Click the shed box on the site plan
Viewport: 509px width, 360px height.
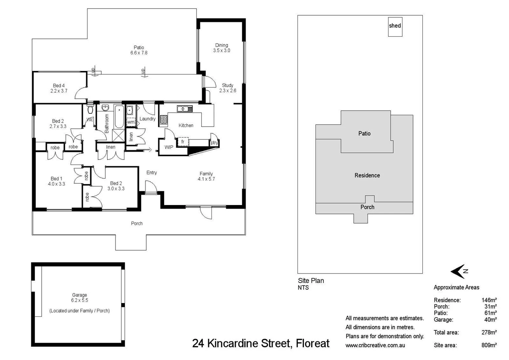click(395, 26)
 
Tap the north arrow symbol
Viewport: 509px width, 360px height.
click(459, 271)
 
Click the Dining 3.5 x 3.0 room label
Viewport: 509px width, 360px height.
click(222, 48)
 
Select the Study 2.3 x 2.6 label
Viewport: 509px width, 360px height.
click(228, 88)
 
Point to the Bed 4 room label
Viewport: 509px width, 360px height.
click(59, 88)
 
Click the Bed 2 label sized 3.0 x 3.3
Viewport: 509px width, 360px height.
click(116, 186)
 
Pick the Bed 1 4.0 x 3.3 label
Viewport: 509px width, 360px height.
click(56, 181)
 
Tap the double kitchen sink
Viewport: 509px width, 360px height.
click(185, 109)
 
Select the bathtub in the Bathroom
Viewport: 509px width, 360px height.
click(119, 117)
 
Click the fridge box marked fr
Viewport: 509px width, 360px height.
click(183, 142)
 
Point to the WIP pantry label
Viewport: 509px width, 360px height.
click(169, 147)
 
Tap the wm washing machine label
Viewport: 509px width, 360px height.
click(131, 122)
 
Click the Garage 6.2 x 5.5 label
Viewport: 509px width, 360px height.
click(80, 297)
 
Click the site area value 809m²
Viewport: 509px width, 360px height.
click(489, 345)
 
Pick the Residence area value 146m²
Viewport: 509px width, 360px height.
click(489, 300)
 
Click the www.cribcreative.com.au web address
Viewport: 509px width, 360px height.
click(375, 345)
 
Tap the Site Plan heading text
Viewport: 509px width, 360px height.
click(311, 281)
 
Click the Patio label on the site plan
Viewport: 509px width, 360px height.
click(364, 133)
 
